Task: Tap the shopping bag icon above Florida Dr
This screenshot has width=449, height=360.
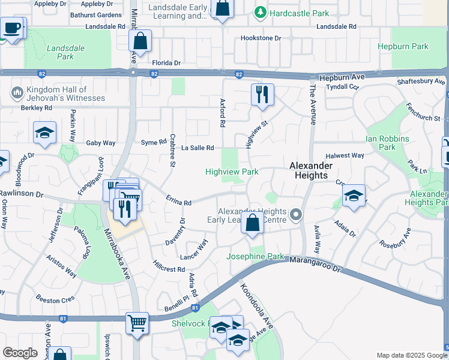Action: [140, 42]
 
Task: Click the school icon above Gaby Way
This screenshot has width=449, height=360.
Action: [44, 133]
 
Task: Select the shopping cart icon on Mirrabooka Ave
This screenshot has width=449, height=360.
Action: [137, 323]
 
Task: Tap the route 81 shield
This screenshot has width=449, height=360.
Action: [195, 308]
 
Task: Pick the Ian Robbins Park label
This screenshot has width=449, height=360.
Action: [388, 143]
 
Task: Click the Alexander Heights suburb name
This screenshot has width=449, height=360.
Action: [309, 170]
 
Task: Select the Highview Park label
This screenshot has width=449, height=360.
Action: [232, 172]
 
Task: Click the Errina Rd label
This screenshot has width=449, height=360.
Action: [178, 203]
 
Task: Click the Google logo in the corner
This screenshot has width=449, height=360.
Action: [20, 353]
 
